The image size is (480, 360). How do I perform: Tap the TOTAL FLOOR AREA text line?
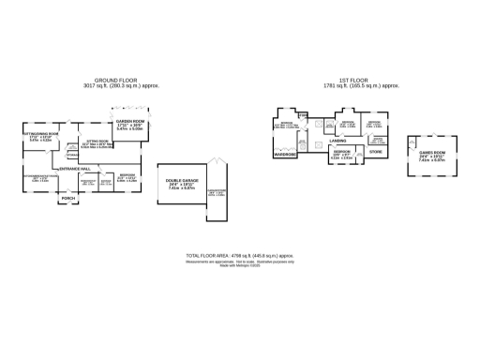(x=240, y=255)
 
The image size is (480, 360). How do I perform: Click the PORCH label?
(x=67, y=199)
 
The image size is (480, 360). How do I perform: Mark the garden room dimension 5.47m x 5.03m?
(x=130, y=130)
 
